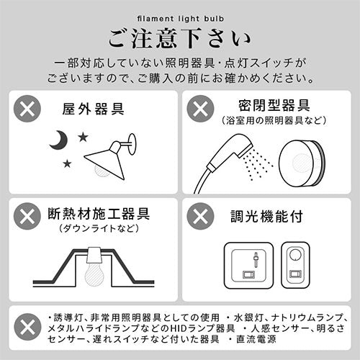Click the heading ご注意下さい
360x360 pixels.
(179, 38)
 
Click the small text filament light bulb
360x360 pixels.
(181, 19)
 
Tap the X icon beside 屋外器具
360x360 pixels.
(27, 109)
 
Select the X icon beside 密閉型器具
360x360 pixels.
(200, 109)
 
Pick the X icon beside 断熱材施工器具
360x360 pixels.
(27, 216)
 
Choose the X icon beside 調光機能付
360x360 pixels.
(200, 216)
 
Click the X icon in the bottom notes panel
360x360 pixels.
(27, 327)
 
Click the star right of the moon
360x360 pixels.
(83, 137)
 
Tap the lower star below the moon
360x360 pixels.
(67, 163)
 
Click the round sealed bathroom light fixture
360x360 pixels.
(302, 163)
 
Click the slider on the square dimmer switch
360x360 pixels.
(256, 260)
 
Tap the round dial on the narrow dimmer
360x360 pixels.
(295, 255)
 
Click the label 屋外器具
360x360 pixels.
(93, 109)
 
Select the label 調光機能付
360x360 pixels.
(266, 216)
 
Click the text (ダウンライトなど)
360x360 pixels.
(99, 228)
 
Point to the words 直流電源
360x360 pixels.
(256, 339)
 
